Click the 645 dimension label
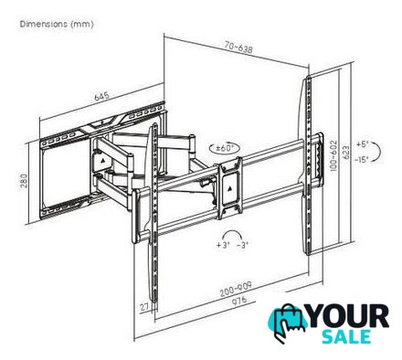(101, 96)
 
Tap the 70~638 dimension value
(238, 48)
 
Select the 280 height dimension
(25, 181)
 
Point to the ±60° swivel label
(225, 148)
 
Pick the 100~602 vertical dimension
(333, 155)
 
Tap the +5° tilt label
(363, 144)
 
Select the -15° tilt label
(362, 159)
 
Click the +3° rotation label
(223, 245)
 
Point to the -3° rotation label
(243, 245)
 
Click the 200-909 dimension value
(236, 289)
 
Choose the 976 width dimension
(239, 302)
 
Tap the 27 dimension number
(144, 308)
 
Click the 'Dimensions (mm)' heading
(57, 24)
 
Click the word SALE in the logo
(346, 337)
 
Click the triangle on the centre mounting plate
(230, 188)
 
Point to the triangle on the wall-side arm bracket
(102, 159)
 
